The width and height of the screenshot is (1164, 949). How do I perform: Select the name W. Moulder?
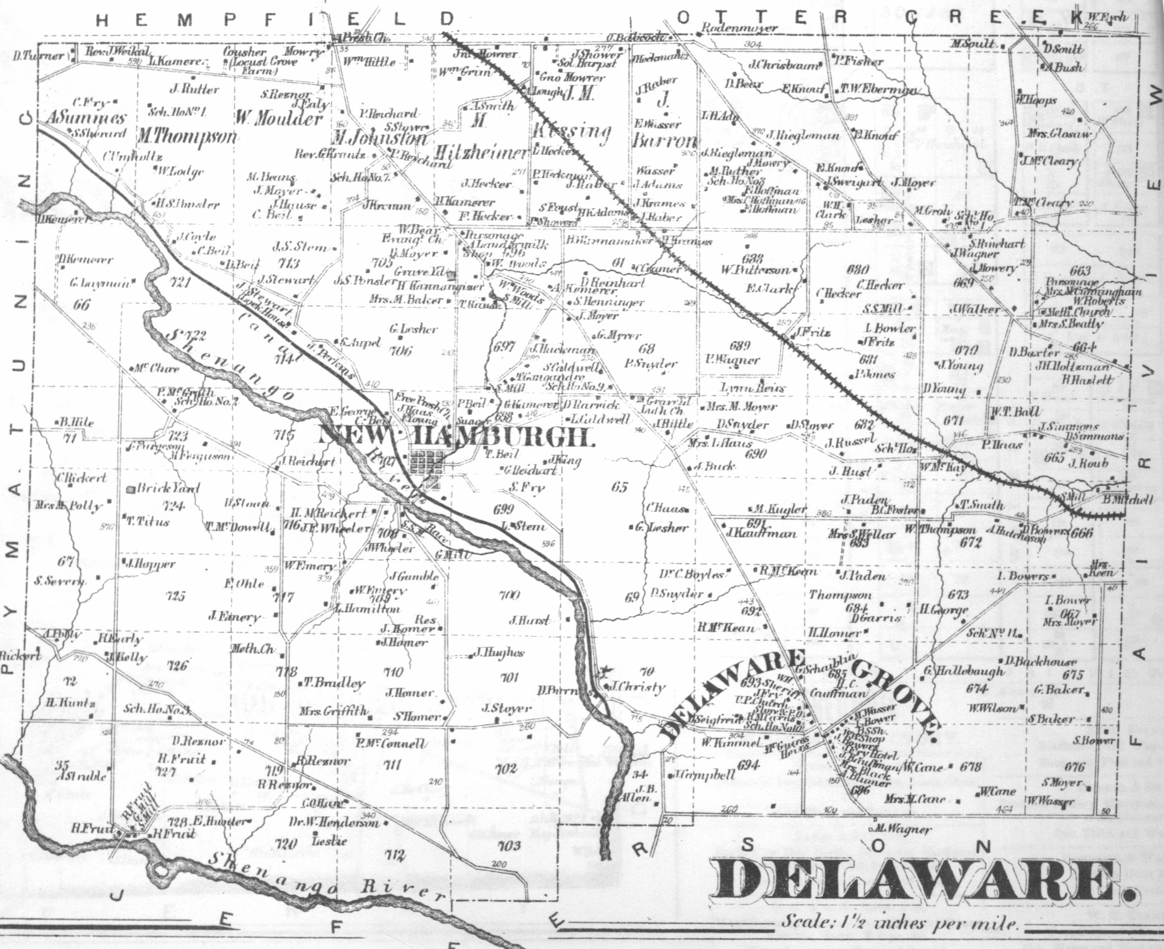[x=279, y=118]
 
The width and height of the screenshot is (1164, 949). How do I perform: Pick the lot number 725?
[x=176, y=596]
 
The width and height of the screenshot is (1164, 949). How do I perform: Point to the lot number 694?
[x=749, y=765]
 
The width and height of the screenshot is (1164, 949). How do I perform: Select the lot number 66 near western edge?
[x=81, y=304]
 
